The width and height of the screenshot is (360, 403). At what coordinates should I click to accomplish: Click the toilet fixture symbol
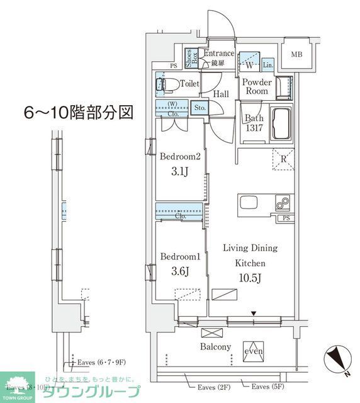[x=166, y=84]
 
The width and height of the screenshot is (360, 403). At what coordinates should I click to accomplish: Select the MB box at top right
[x=296, y=55]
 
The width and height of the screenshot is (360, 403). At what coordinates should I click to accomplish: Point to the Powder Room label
[x=257, y=86]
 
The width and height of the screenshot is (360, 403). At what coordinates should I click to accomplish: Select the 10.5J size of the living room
[x=250, y=278]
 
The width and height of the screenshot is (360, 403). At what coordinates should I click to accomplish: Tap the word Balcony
[x=216, y=346]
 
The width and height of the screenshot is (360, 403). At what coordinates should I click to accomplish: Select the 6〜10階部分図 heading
[x=78, y=113]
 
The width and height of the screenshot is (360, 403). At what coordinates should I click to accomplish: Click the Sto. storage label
[x=201, y=108]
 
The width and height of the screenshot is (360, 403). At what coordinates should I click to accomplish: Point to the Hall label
[x=220, y=94]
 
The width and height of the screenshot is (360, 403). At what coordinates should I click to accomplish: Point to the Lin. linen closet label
[x=268, y=65]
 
